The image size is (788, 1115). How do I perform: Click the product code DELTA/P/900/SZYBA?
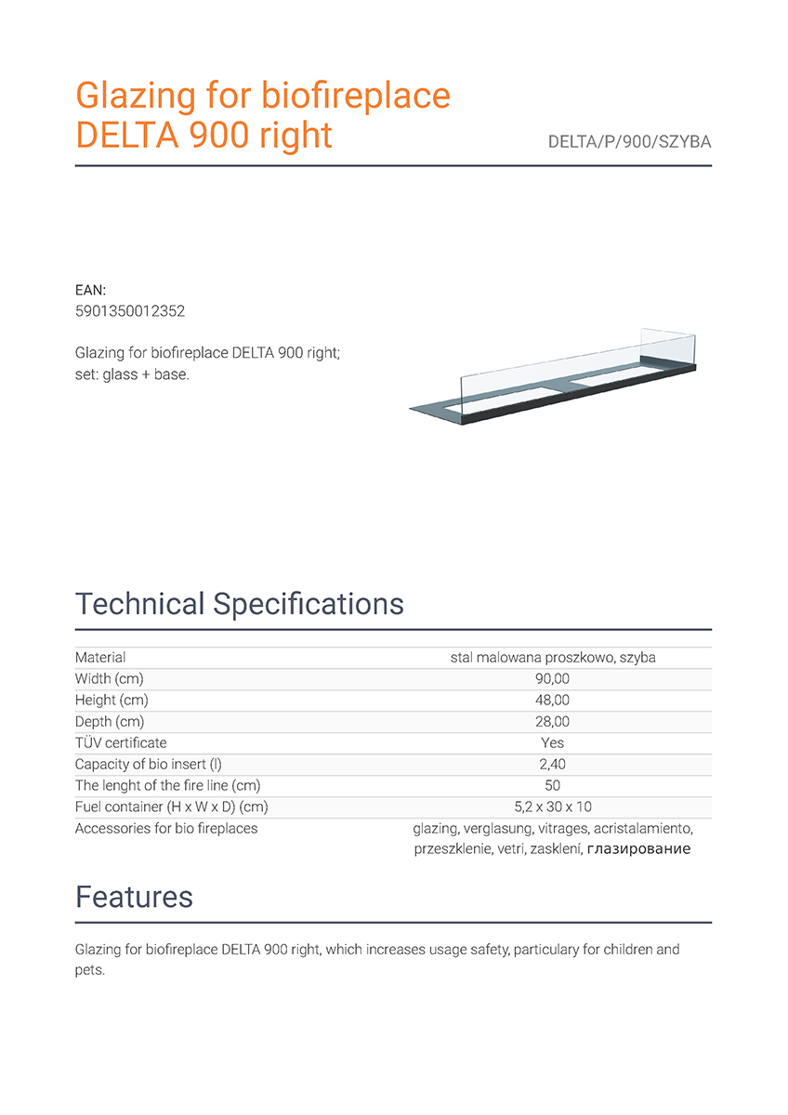pos(629,143)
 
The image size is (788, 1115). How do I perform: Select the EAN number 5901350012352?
pos(129,311)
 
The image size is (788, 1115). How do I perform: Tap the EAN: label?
pos(90,291)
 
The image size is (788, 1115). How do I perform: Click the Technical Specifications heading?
pos(239,604)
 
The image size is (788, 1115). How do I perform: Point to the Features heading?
pos(134,897)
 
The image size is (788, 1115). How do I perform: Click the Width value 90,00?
pos(553,679)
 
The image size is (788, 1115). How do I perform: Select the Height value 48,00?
pos(553,701)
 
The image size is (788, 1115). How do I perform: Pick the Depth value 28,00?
pos(553,722)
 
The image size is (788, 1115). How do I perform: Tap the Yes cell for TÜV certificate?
pos(553,743)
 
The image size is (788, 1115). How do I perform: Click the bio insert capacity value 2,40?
pos(553,765)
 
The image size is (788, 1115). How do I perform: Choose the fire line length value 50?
pos(553,786)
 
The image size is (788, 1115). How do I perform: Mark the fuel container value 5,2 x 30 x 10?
pos(553,807)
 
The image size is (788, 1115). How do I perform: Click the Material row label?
pos(100,658)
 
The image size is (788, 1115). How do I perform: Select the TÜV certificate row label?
pos(121,743)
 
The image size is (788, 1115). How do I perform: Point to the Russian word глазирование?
pos(638,849)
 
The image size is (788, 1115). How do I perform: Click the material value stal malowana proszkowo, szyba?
pos(553,658)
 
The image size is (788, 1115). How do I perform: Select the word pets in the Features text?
pos(89,970)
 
